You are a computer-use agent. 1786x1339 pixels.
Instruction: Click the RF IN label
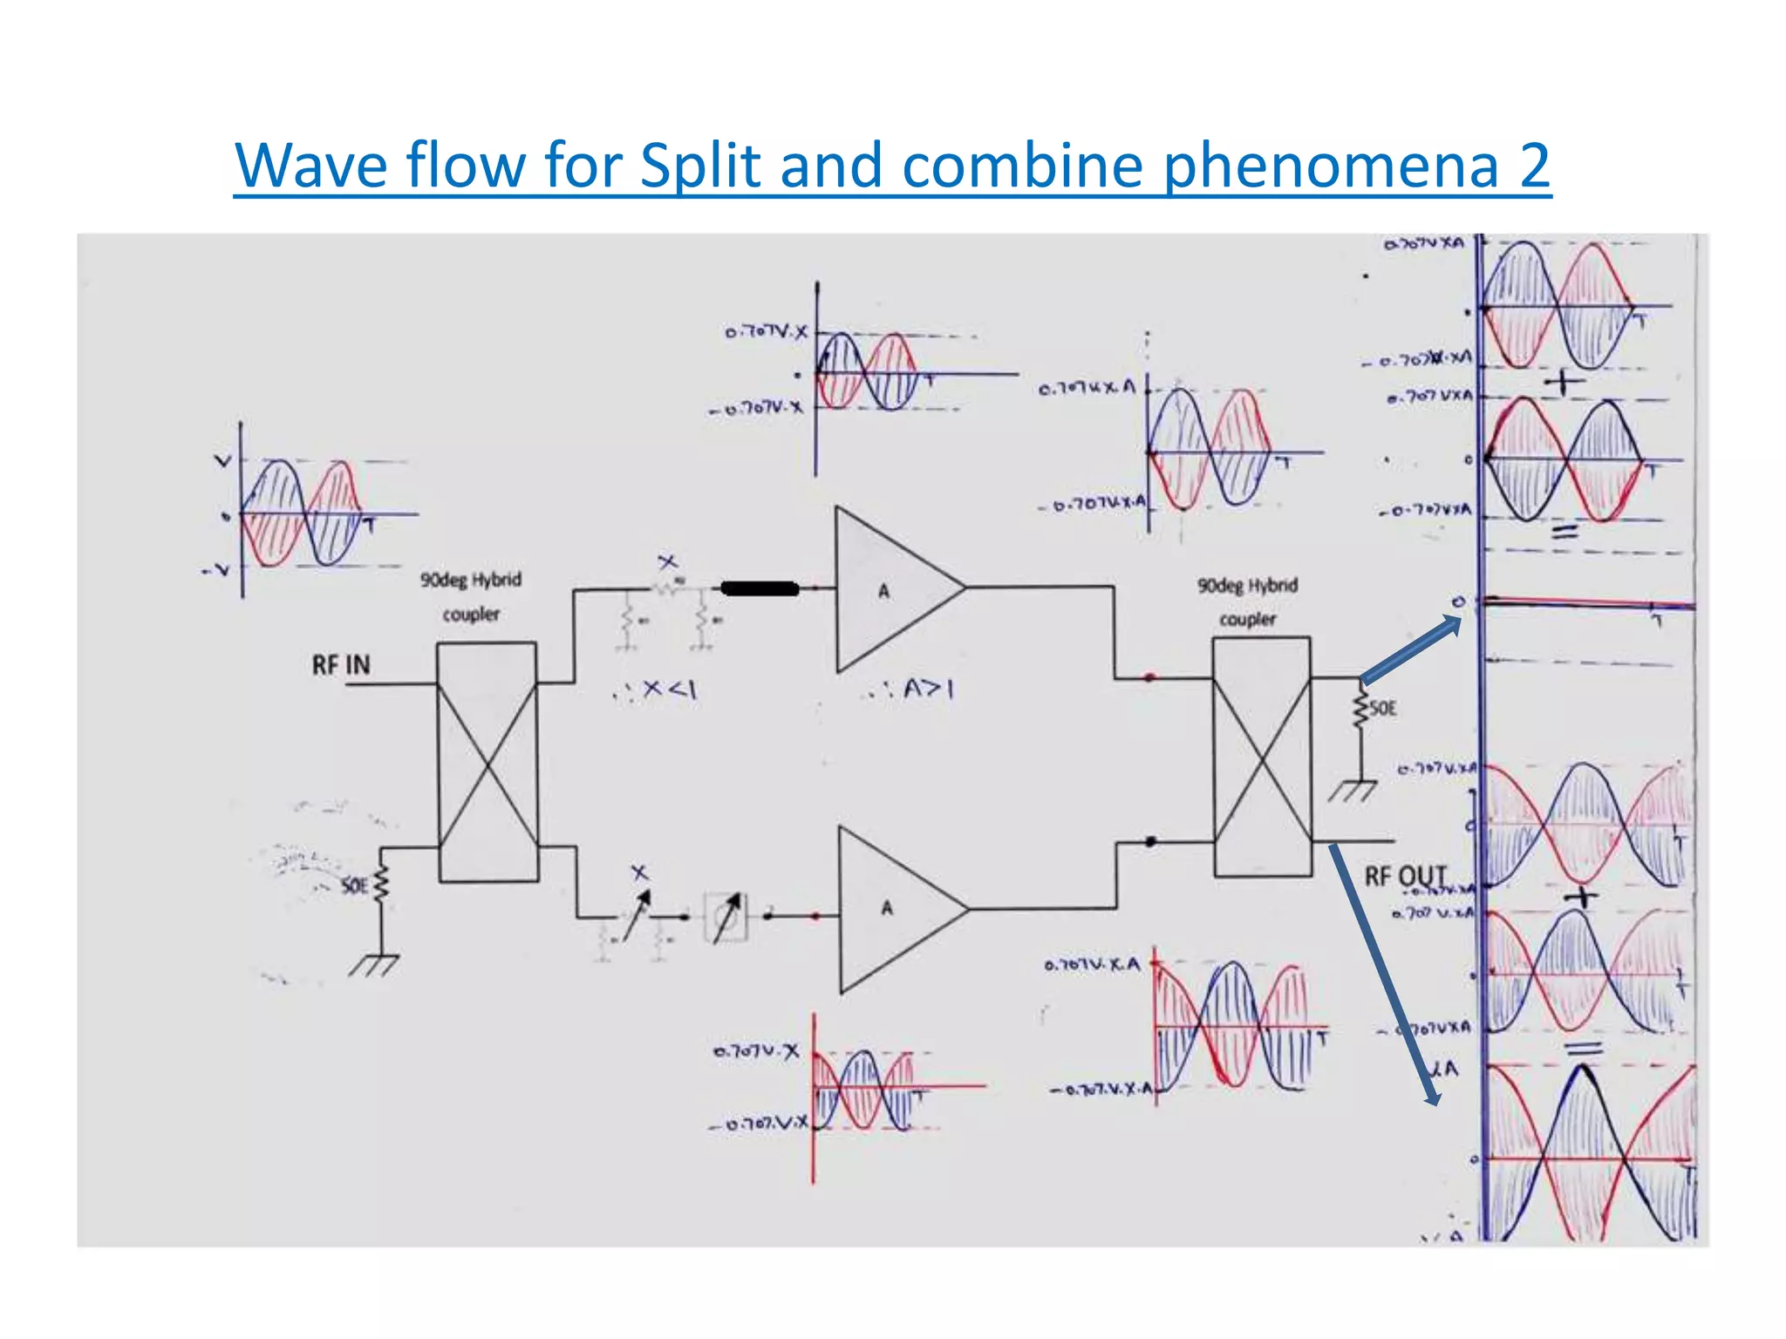pos(341,665)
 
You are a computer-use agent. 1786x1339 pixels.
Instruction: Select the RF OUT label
pos(1405,875)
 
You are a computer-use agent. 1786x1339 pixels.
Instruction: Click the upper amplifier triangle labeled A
pos(890,590)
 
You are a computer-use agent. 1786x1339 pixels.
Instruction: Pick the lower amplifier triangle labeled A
pos(893,909)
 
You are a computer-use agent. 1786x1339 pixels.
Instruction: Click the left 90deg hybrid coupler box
pos(487,763)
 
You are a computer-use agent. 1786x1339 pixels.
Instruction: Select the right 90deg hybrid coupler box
pos(1262,757)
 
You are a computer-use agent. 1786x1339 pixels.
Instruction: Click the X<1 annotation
pos(658,690)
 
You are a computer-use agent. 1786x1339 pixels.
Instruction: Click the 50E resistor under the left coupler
pos(380,887)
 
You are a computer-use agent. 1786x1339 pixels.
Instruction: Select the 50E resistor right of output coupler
pos(1360,708)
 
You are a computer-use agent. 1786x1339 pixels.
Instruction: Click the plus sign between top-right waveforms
pos(1564,382)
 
